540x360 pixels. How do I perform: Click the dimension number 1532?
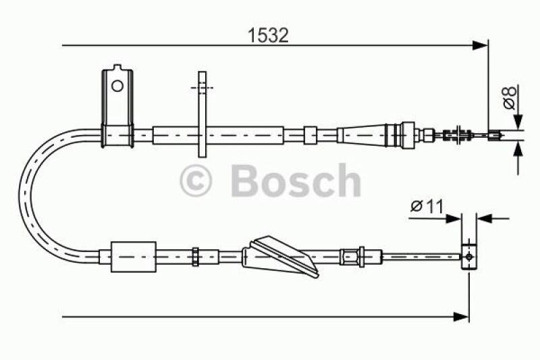[x=268, y=35]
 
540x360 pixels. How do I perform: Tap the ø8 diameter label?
[x=510, y=97]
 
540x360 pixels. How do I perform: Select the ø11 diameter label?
[x=427, y=207]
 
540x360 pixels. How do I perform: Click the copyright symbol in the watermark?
[x=196, y=180]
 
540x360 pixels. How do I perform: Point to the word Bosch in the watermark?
[x=296, y=180]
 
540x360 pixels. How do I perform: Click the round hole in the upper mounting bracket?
[x=117, y=86]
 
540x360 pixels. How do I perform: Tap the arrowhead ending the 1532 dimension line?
[x=480, y=45]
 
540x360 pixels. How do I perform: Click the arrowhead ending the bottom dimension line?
[x=461, y=317]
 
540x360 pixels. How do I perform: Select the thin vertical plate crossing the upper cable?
[x=202, y=114]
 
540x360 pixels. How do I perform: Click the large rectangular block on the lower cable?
[x=134, y=257]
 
